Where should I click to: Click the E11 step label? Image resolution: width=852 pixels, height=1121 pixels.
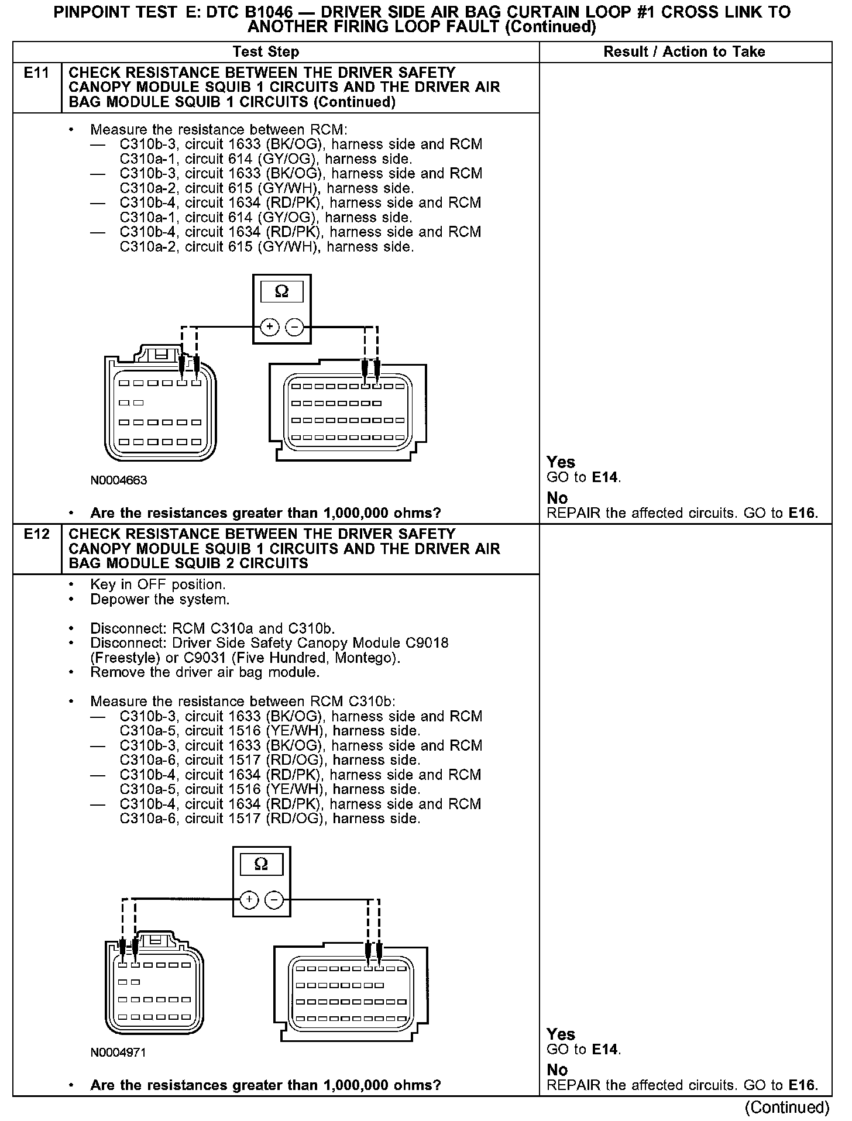[x=36, y=73]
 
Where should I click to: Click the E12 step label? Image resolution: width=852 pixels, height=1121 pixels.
[x=36, y=534]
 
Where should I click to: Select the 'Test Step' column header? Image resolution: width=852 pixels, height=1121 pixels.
[x=266, y=51]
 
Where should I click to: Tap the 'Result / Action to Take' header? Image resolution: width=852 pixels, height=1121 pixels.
[x=684, y=51]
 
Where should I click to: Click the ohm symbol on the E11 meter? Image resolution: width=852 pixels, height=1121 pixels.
[x=281, y=291]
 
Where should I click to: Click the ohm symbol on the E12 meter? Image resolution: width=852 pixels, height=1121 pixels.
[x=262, y=864]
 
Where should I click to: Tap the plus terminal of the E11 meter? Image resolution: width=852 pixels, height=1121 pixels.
[x=269, y=327]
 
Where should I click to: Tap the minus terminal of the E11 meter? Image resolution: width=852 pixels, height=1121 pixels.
[x=294, y=327]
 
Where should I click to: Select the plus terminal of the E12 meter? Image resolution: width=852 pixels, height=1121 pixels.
[x=249, y=899]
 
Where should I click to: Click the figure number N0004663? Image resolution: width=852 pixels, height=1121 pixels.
[x=119, y=480]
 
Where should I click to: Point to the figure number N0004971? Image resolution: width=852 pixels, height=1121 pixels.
[x=118, y=1053]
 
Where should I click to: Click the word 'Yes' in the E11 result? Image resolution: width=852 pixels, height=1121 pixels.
[x=561, y=462]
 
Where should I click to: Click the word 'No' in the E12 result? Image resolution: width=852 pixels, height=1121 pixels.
[x=557, y=1070]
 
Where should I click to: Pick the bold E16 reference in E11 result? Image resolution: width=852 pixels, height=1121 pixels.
[x=802, y=513]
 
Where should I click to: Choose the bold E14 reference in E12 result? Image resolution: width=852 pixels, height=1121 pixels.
[x=605, y=1049]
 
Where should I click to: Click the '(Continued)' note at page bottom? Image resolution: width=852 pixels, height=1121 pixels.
[x=786, y=1107]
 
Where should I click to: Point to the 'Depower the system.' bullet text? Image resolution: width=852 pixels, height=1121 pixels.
[x=160, y=599]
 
